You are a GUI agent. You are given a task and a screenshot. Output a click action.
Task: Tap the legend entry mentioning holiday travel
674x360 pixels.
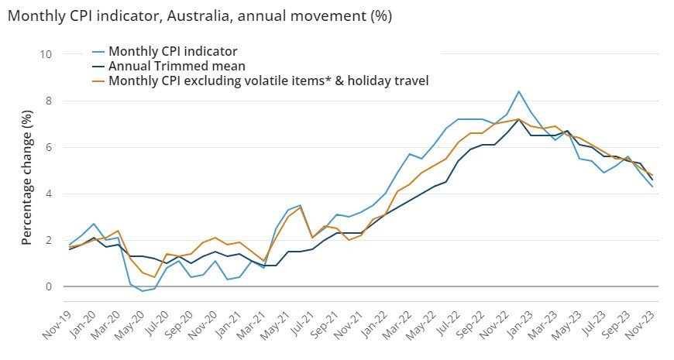point(268,80)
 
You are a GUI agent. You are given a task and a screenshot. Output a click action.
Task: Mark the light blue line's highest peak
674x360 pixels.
point(518,91)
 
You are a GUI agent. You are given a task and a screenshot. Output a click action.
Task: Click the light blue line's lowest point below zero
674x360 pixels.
point(142,291)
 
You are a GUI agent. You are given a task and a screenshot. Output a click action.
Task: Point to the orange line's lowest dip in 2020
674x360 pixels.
point(154,277)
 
